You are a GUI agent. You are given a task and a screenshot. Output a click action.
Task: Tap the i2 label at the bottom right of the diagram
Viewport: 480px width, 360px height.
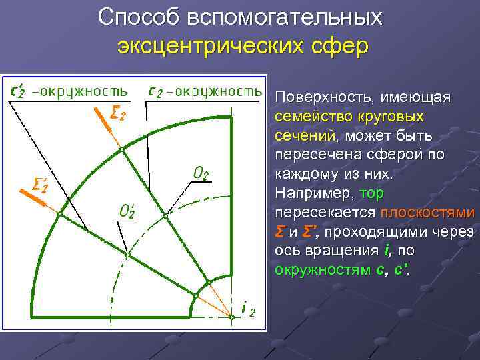[x=247, y=310]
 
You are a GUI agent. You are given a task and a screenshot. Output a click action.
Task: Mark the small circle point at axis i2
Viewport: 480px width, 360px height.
[x=231, y=317]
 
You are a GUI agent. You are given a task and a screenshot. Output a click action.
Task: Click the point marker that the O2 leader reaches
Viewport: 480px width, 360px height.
[x=166, y=216]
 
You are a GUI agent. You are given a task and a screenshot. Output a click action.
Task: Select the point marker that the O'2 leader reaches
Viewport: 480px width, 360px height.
[x=128, y=255]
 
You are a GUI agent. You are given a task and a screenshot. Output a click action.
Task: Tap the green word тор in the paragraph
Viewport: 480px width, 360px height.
[x=371, y=194]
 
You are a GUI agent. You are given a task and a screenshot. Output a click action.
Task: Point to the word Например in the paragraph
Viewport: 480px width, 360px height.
[x=315, y=194]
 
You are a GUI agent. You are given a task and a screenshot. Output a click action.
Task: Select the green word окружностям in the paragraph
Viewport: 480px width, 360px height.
[x=323, y=271]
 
